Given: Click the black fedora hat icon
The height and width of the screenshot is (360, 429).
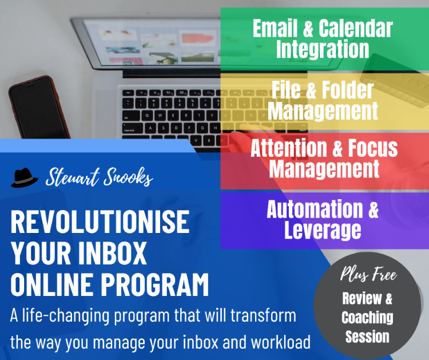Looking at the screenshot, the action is point(25,177).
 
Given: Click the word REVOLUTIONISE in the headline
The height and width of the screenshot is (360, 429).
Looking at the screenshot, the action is point(100,221).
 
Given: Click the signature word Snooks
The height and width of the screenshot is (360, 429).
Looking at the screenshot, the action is point(128,177).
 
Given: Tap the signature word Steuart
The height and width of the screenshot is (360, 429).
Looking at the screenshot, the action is point(73,177).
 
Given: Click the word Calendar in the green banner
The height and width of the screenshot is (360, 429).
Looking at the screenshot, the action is point(356,28).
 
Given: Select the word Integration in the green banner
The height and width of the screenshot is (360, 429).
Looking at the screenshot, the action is point(323,49).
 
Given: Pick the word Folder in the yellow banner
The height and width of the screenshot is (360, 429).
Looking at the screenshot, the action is point(347,90).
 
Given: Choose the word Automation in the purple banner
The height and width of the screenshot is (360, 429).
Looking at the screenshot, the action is point(315,208).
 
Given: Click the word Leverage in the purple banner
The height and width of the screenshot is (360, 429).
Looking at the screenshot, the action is point(323,230).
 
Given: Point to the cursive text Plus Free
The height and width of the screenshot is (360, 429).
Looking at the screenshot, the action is point(368,274).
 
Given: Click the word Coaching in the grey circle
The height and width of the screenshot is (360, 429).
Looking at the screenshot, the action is point(367,318).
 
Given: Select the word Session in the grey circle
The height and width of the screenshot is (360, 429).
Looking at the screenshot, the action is point(367,337).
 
